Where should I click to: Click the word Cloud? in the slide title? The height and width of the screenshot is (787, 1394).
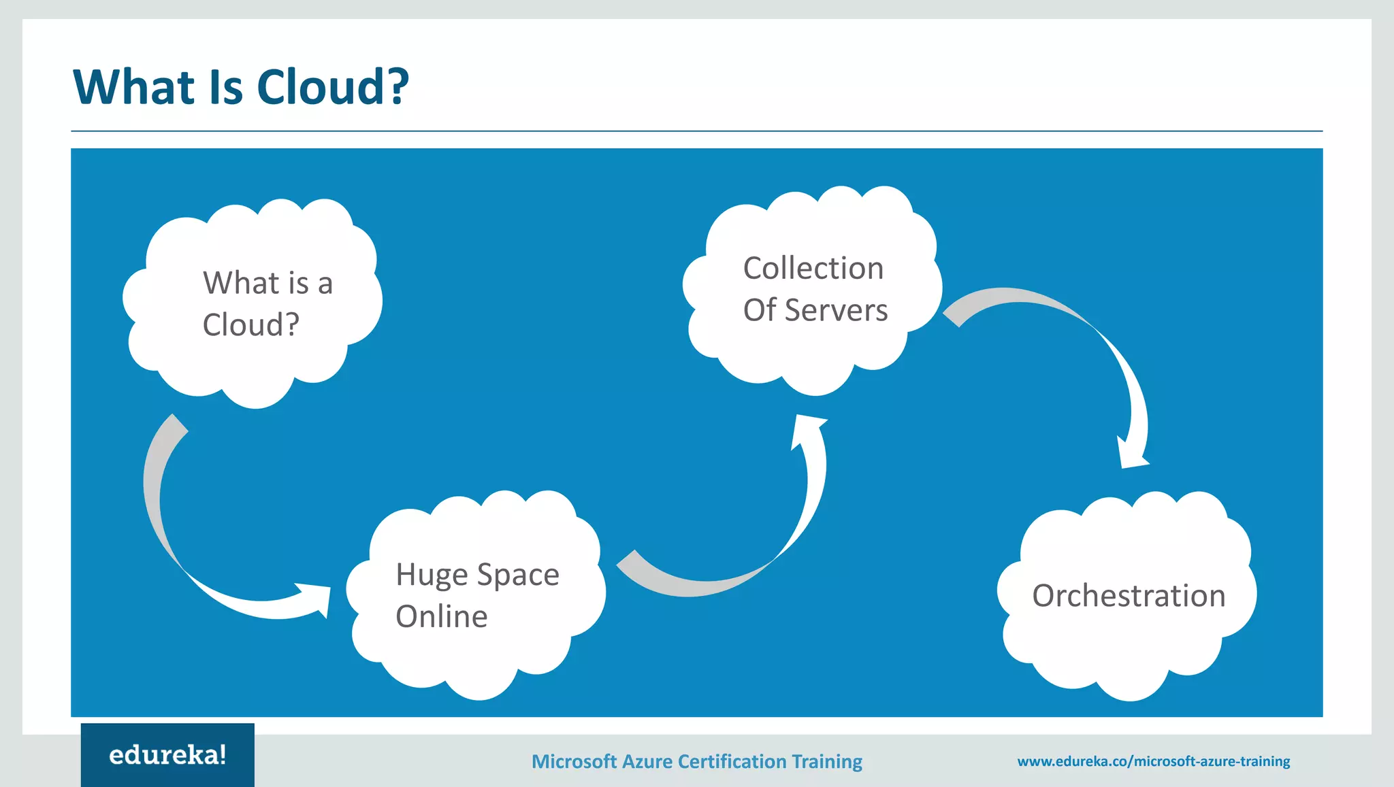tap(333, 88)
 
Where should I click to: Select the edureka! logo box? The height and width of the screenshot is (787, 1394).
tap(167, 755)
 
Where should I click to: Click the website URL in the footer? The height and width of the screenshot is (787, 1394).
tap(1153, 761)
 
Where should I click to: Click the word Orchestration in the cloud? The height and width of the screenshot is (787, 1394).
tap(1129, 596)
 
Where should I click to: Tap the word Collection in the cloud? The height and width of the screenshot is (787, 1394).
tap(813, 268)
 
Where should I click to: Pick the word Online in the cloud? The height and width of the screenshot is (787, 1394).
tap(442, 617)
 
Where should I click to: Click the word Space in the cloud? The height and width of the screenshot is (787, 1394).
tap(518, 575)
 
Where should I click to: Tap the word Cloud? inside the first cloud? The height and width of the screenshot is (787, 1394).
tap(250, 324)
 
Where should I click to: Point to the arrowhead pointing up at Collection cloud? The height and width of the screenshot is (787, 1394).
tap(807, 429)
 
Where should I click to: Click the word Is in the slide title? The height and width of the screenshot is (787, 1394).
tap(226, 88)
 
